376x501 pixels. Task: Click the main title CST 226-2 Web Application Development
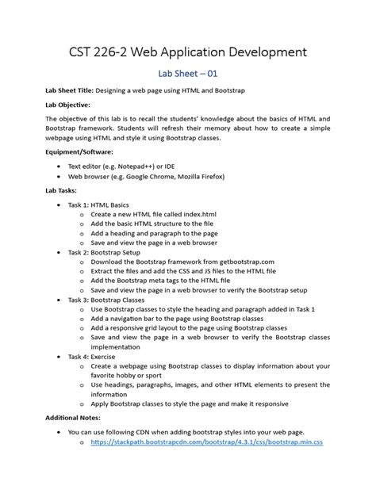point(188,54)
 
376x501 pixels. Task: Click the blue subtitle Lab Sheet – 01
point(188,75)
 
